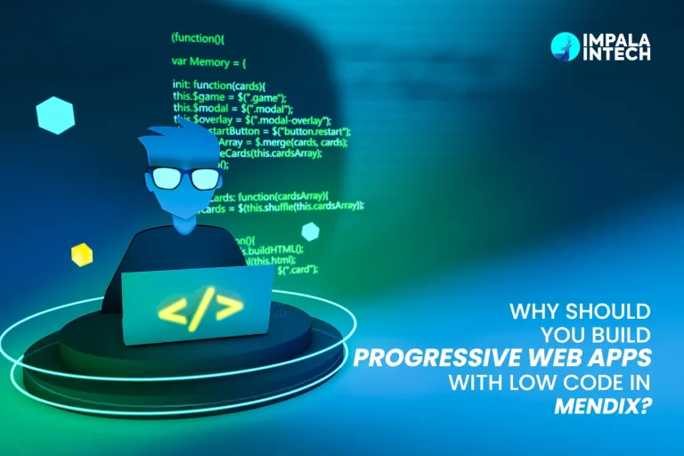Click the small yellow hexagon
click(82, 255)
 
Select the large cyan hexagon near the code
click(55, 116)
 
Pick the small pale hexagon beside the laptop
click(310, 232)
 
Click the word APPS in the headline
click(615, 358)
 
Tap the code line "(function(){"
click(201, 38)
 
